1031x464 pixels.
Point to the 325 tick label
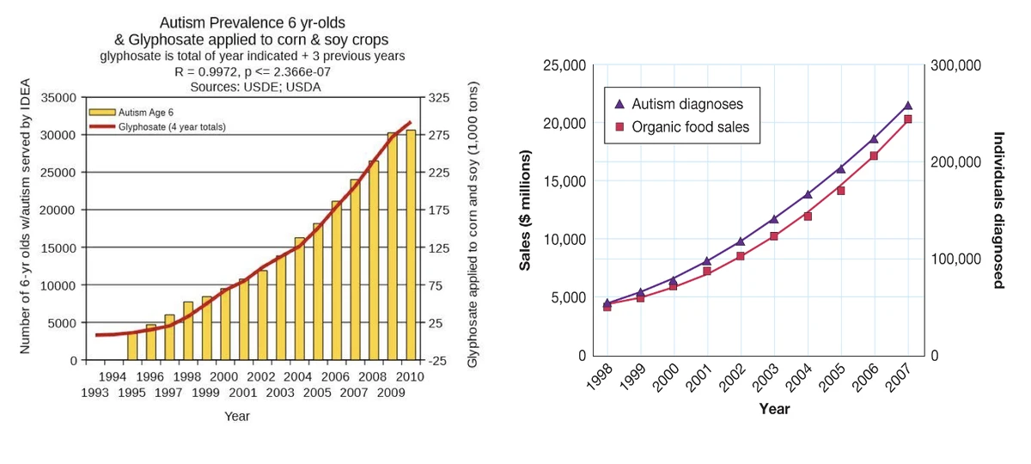pos(439,97)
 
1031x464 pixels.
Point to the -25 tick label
pos(438,360)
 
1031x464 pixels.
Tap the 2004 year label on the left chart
pos(297,376)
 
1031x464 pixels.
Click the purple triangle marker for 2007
pos(908,106)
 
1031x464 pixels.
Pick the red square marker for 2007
pos(908,119)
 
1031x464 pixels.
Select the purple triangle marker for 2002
pos(741,241)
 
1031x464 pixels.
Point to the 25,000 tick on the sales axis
pos(565,65)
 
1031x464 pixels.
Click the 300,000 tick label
pos(955,65)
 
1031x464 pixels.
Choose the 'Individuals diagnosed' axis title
pos(998,210)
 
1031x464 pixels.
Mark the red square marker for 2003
pos(774,236)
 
